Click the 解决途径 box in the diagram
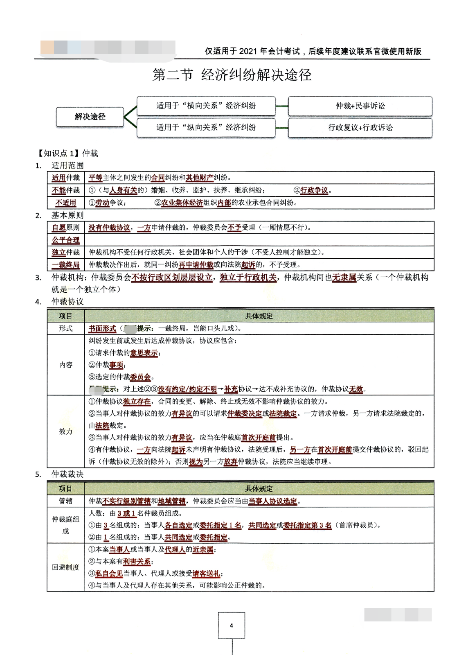pos(90,117)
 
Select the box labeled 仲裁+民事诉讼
pos(360,106)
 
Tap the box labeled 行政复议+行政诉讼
pos(360,128)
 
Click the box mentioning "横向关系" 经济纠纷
pos(206,106)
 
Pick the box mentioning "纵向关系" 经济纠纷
pos(206,128)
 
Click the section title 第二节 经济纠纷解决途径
pos(232,75)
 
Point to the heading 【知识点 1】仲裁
pos(68,154)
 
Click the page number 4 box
pos(232,625)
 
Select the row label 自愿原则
pos(65,228)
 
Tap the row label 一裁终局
pos(65,265)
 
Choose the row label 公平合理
pos(65,240)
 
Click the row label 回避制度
pos(65,567)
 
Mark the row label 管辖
pos(65,501)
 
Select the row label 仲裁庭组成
pos(65,525)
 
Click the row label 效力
pos(65,431)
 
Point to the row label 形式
pos(65,328)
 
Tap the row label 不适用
pos(65,203)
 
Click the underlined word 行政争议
pos(314,190)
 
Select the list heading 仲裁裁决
pos(67,474)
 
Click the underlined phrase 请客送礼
pos(206,574)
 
